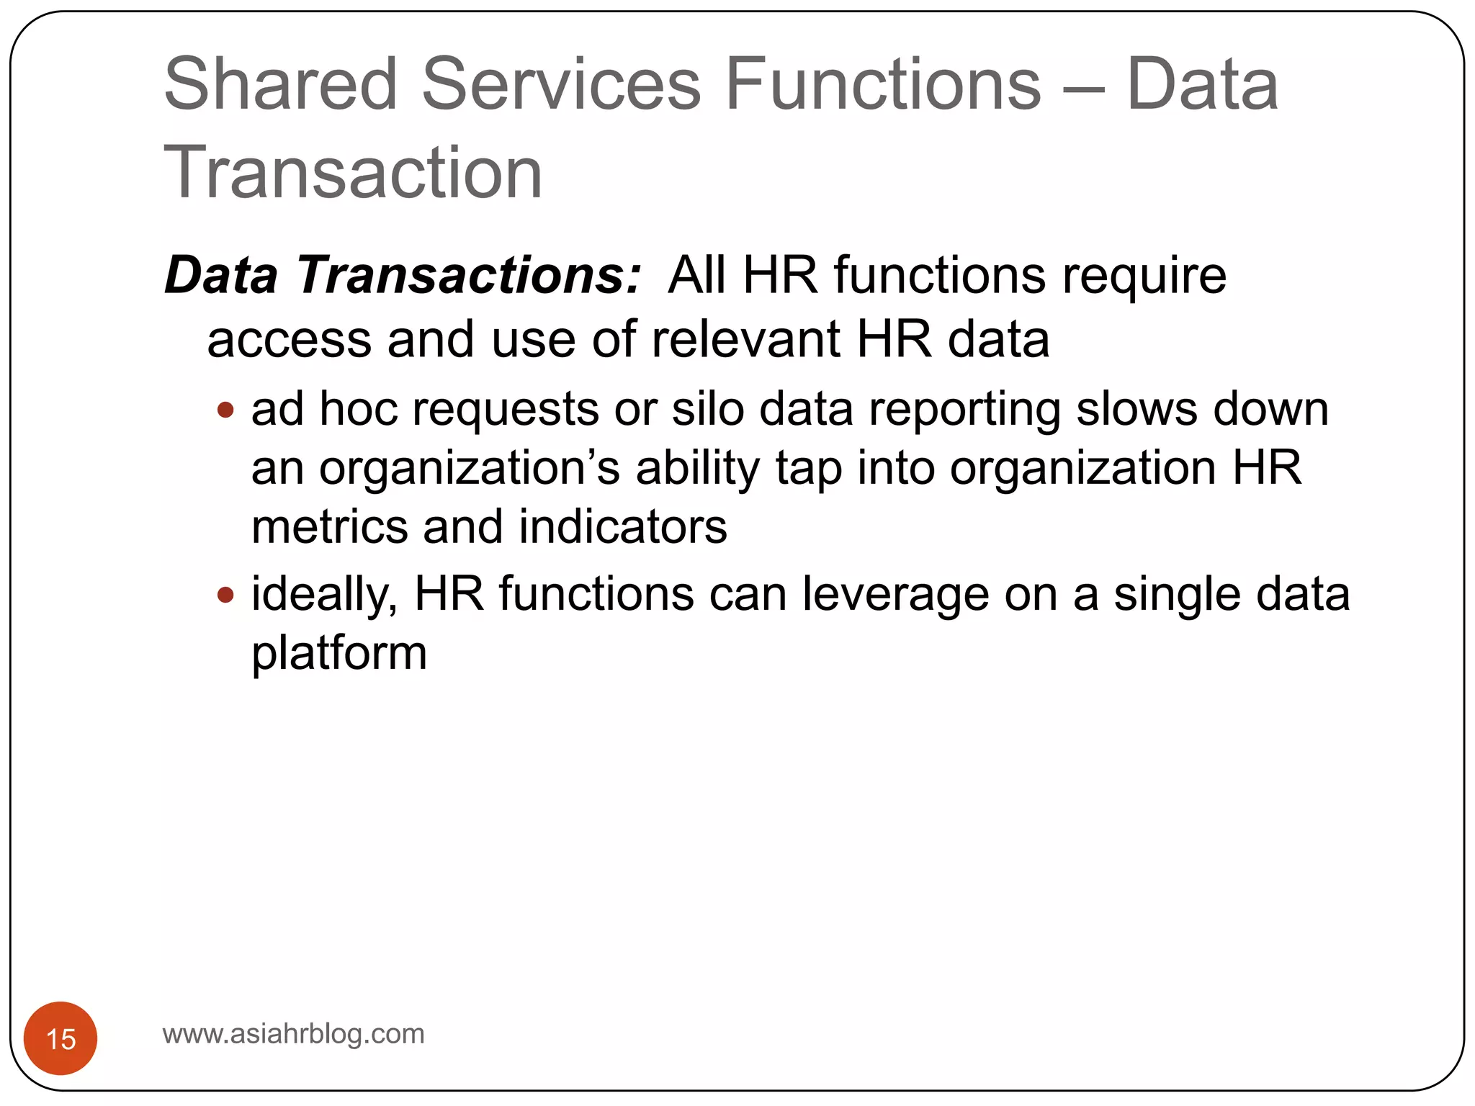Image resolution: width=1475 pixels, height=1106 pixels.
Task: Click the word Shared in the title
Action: click(x=281, y=85)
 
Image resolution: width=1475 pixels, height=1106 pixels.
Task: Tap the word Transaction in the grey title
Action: click(x=353, y=173)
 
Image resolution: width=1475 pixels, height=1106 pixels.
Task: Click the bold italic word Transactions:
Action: click(x=468, y=276)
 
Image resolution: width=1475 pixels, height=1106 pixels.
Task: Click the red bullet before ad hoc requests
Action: click(x=225, y=410)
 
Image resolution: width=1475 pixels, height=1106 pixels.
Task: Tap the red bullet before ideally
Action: click(x=225, y=595)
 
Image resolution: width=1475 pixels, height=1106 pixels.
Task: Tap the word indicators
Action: click(x=622, y=527)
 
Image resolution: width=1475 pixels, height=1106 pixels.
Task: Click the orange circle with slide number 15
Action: click(x=60, y=1038)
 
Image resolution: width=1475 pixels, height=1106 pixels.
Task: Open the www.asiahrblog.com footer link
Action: click(x=293, y=1034)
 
